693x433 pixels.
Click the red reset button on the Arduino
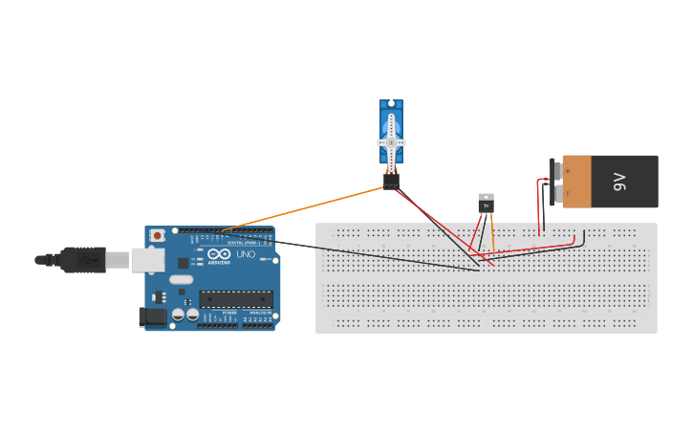point(156,235)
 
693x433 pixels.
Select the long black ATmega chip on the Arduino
point(236,299)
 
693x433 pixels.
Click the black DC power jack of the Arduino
point(152,316)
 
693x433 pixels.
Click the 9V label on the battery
point(618,181)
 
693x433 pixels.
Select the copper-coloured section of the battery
point(576,182)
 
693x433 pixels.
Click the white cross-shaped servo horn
point(391,142)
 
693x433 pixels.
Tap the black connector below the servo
point(391,181)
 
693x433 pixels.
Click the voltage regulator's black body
point(487,206)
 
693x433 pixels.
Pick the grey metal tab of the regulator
point(487,196)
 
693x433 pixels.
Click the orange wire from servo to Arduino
point(306,207)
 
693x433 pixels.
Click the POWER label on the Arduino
point(229,313)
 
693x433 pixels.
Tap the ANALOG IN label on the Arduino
point(259,313)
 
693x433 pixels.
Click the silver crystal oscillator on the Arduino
point(182,280)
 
